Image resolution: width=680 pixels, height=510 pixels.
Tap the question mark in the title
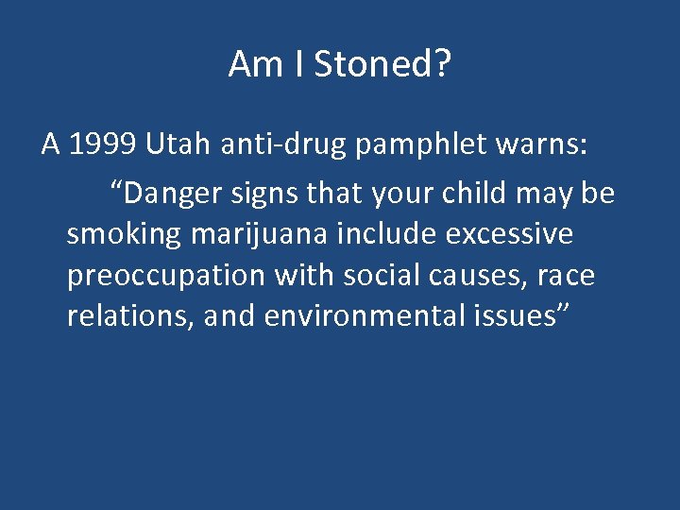(x=441, y=64)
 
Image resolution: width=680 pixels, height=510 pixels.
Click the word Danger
(x=173, y=194)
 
